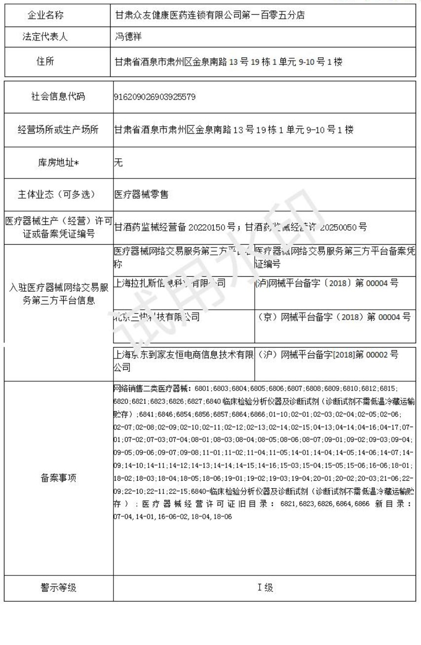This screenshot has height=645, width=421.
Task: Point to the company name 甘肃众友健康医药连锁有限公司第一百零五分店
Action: click(x=209, y=15)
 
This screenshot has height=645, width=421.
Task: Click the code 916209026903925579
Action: click(x=154, y=97)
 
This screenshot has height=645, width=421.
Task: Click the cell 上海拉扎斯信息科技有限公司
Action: click(x=169, y=284)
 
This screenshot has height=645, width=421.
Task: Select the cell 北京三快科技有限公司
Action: click(x=156, y=317)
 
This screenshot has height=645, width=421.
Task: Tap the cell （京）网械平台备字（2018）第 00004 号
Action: click(x=334, y=318)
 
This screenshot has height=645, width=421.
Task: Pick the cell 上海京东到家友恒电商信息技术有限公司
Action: click(x=183, y=360)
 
